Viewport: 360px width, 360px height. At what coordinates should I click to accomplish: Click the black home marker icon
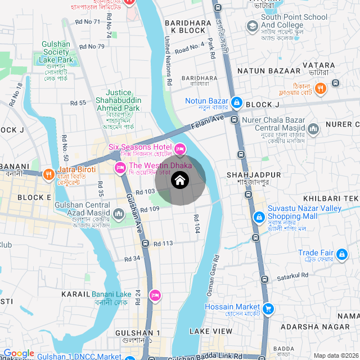(x=180, y=181)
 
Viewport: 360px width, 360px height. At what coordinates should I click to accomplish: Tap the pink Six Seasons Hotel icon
(x=180, y=149)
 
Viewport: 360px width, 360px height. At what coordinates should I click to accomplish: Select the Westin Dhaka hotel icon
(x=120, y=168)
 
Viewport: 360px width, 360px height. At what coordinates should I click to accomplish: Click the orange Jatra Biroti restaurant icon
(x=49, y=174)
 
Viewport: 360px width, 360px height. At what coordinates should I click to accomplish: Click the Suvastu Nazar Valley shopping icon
(x=258, y=217)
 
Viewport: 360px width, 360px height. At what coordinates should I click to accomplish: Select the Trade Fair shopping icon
(x=341, y=256)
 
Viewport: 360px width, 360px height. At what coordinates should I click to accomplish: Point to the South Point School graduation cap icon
(x=251, y=25)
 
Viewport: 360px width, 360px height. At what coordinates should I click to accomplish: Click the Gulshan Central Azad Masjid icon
(x=119, y=214)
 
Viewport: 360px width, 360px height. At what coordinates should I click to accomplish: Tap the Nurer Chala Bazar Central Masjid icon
(x=313, y=130)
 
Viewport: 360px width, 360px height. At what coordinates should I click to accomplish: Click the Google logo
(x=19, y=353)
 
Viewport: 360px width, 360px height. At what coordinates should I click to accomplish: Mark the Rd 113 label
(x=163, y=243)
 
